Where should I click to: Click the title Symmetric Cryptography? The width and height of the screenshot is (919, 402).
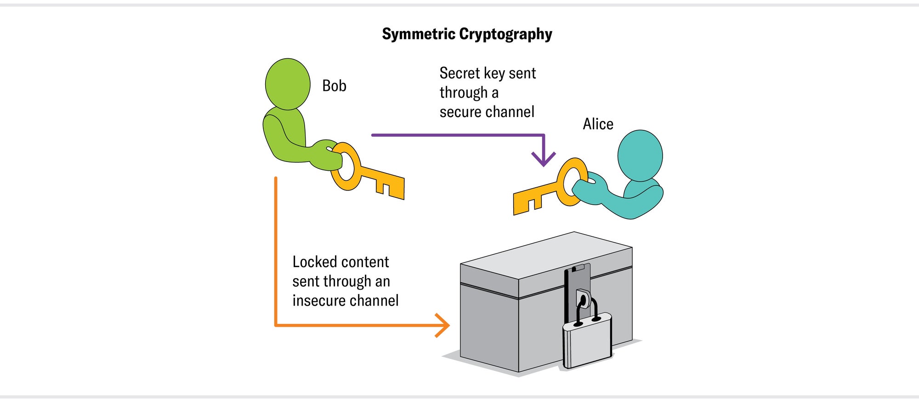coord(467,34)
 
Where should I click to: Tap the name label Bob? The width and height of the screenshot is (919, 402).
coord(334,86)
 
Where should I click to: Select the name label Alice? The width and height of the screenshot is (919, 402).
coord(598,124)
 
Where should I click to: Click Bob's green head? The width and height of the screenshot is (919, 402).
coord(288,84)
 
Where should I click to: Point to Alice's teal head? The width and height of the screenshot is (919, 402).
coord(640,155)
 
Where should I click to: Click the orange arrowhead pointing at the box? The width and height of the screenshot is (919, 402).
coord(443,325)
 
